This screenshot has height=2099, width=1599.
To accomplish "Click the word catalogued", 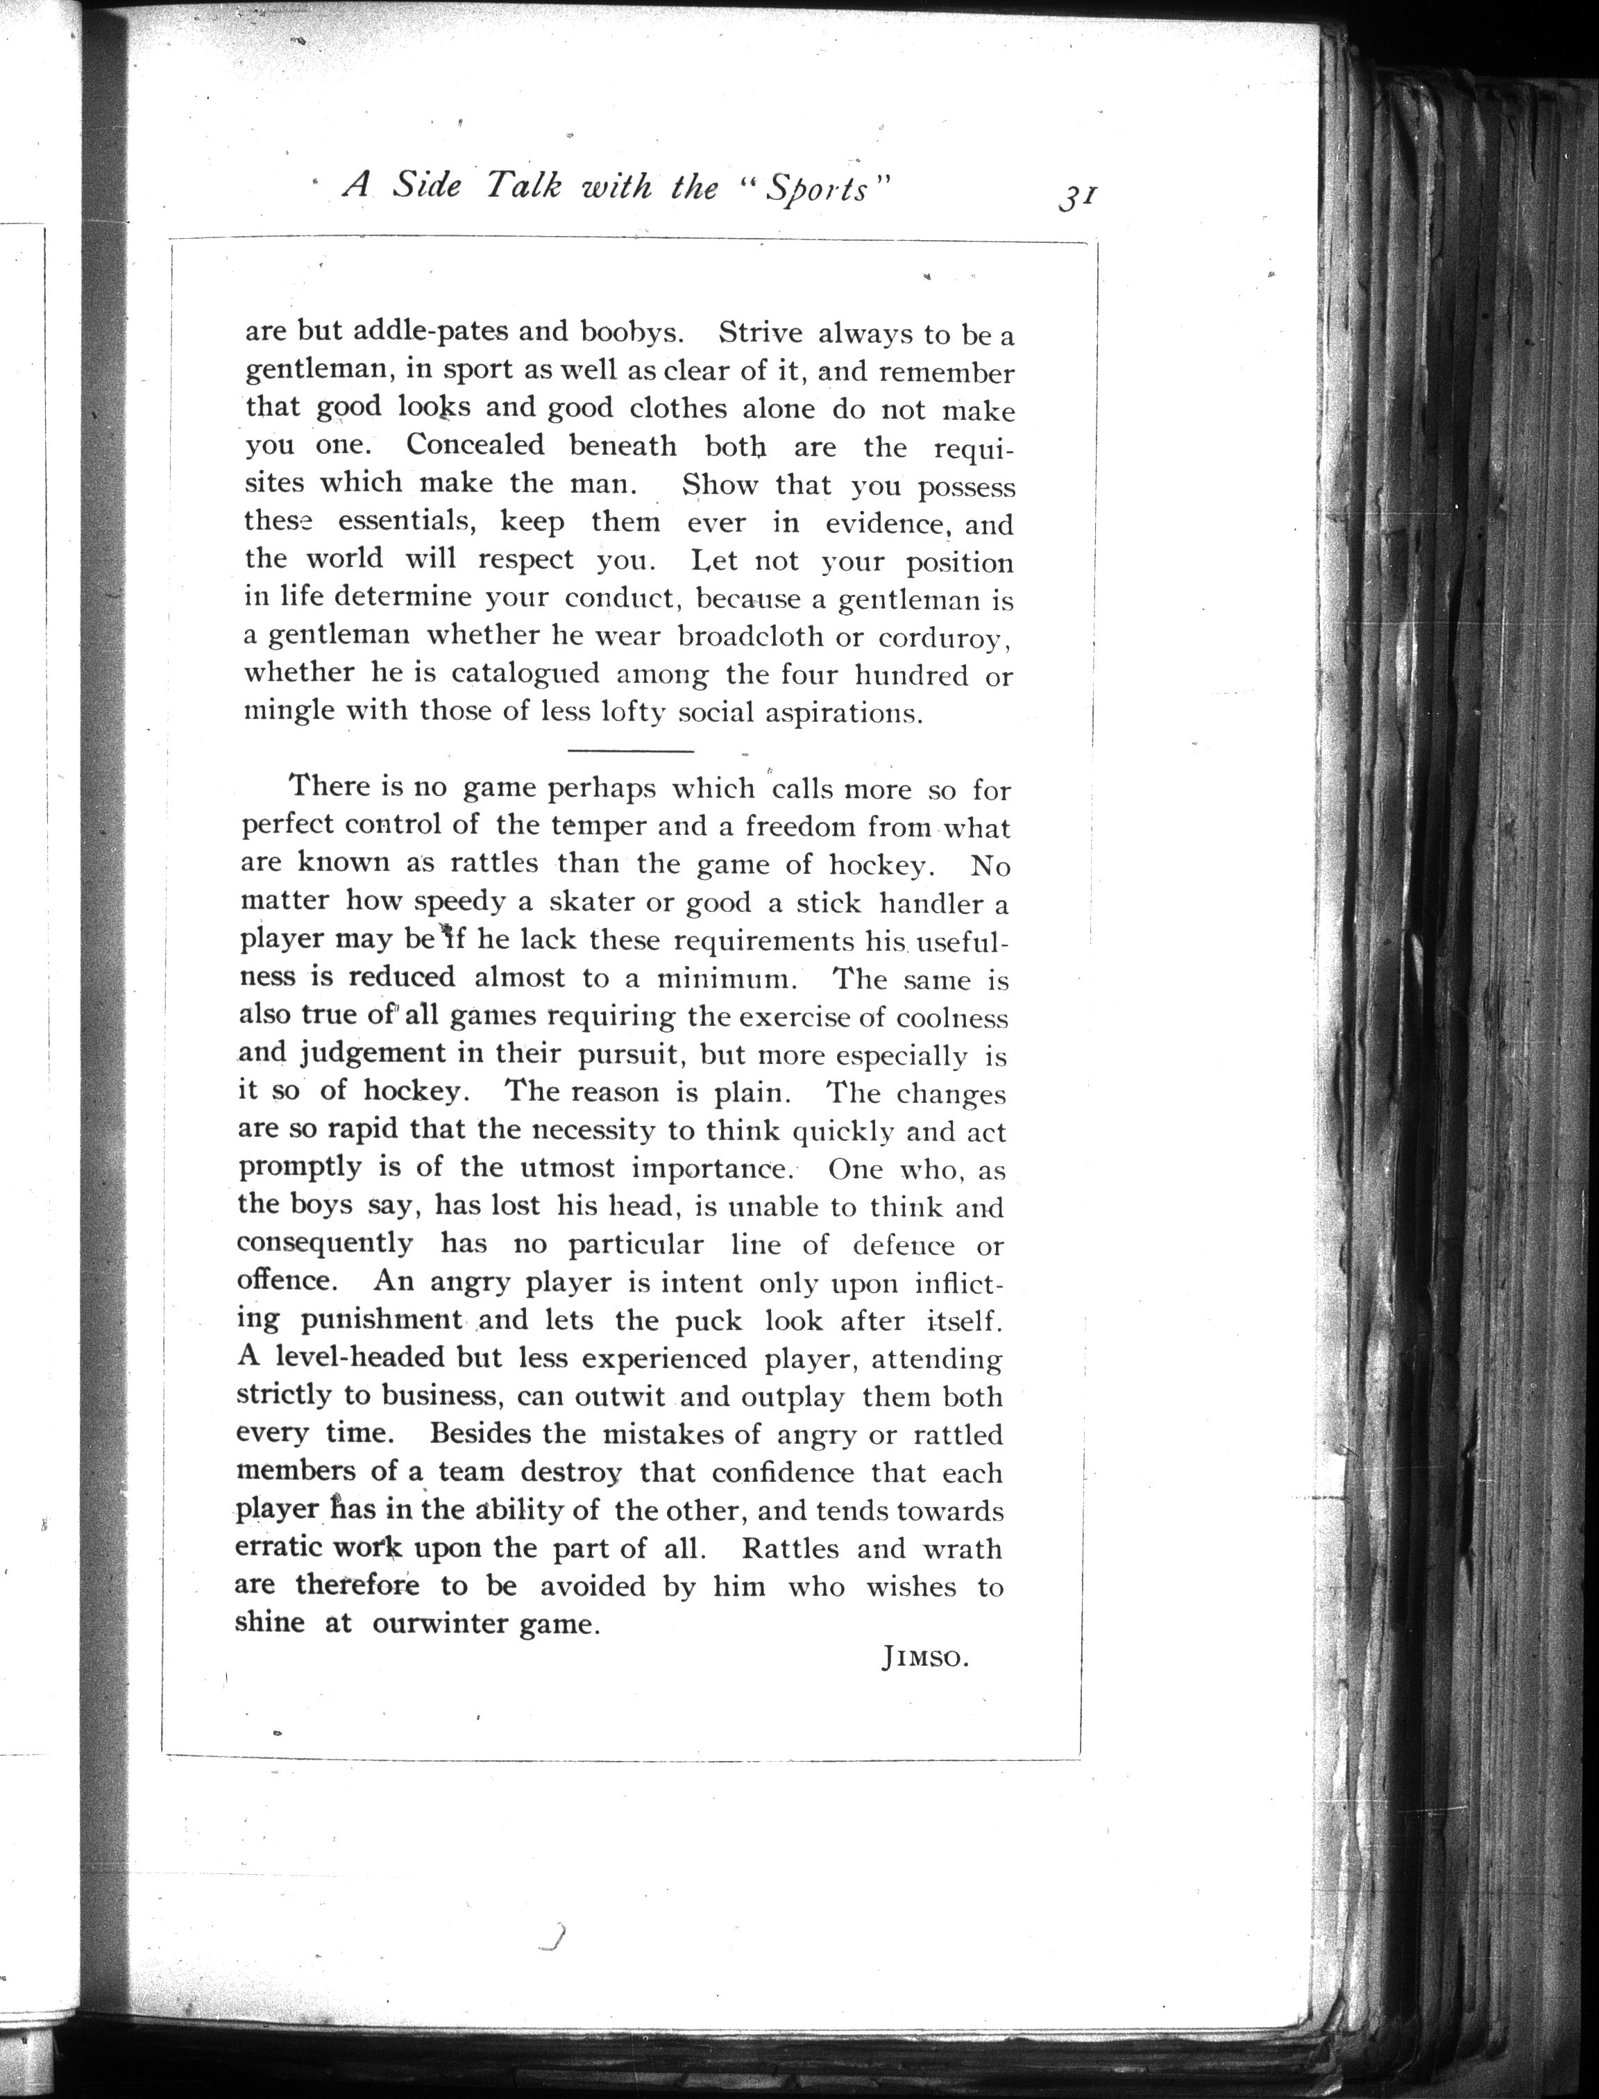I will pyautogui.click(x=525, y=673).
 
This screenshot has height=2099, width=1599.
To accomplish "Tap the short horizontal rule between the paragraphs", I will pyautogui.click(x=630, y=751).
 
